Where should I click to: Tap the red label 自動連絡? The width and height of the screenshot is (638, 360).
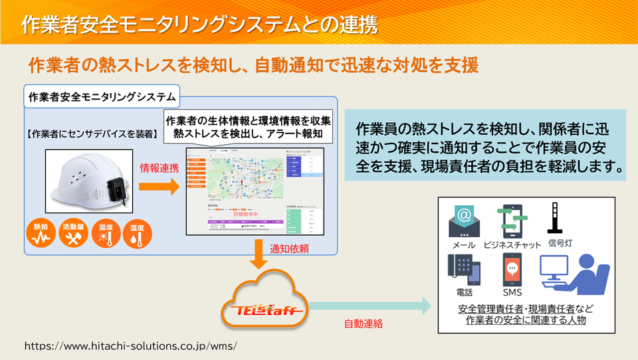click(x=363, y=325)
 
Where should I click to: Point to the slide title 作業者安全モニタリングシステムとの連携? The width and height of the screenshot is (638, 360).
click(x=199, y=25)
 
